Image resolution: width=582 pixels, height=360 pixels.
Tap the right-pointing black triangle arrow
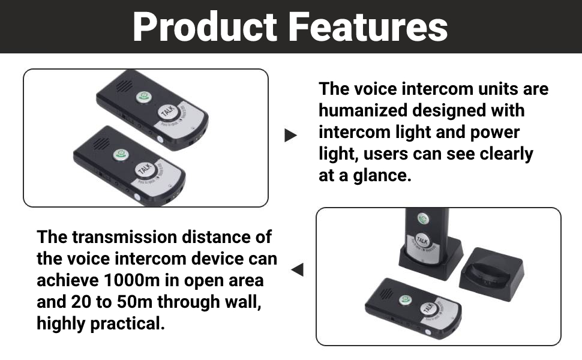[x=290, y=136]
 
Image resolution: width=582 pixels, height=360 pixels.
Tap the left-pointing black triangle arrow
[x=297, y=271]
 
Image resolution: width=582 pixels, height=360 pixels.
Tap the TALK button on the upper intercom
[x=167, y=112]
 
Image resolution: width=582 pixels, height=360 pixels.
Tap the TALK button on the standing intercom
[x=422, y=239]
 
